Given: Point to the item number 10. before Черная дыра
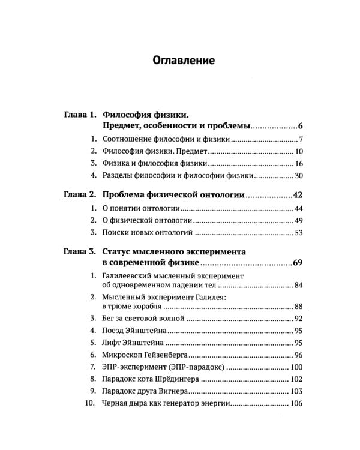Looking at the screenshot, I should tap(90, 404).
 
